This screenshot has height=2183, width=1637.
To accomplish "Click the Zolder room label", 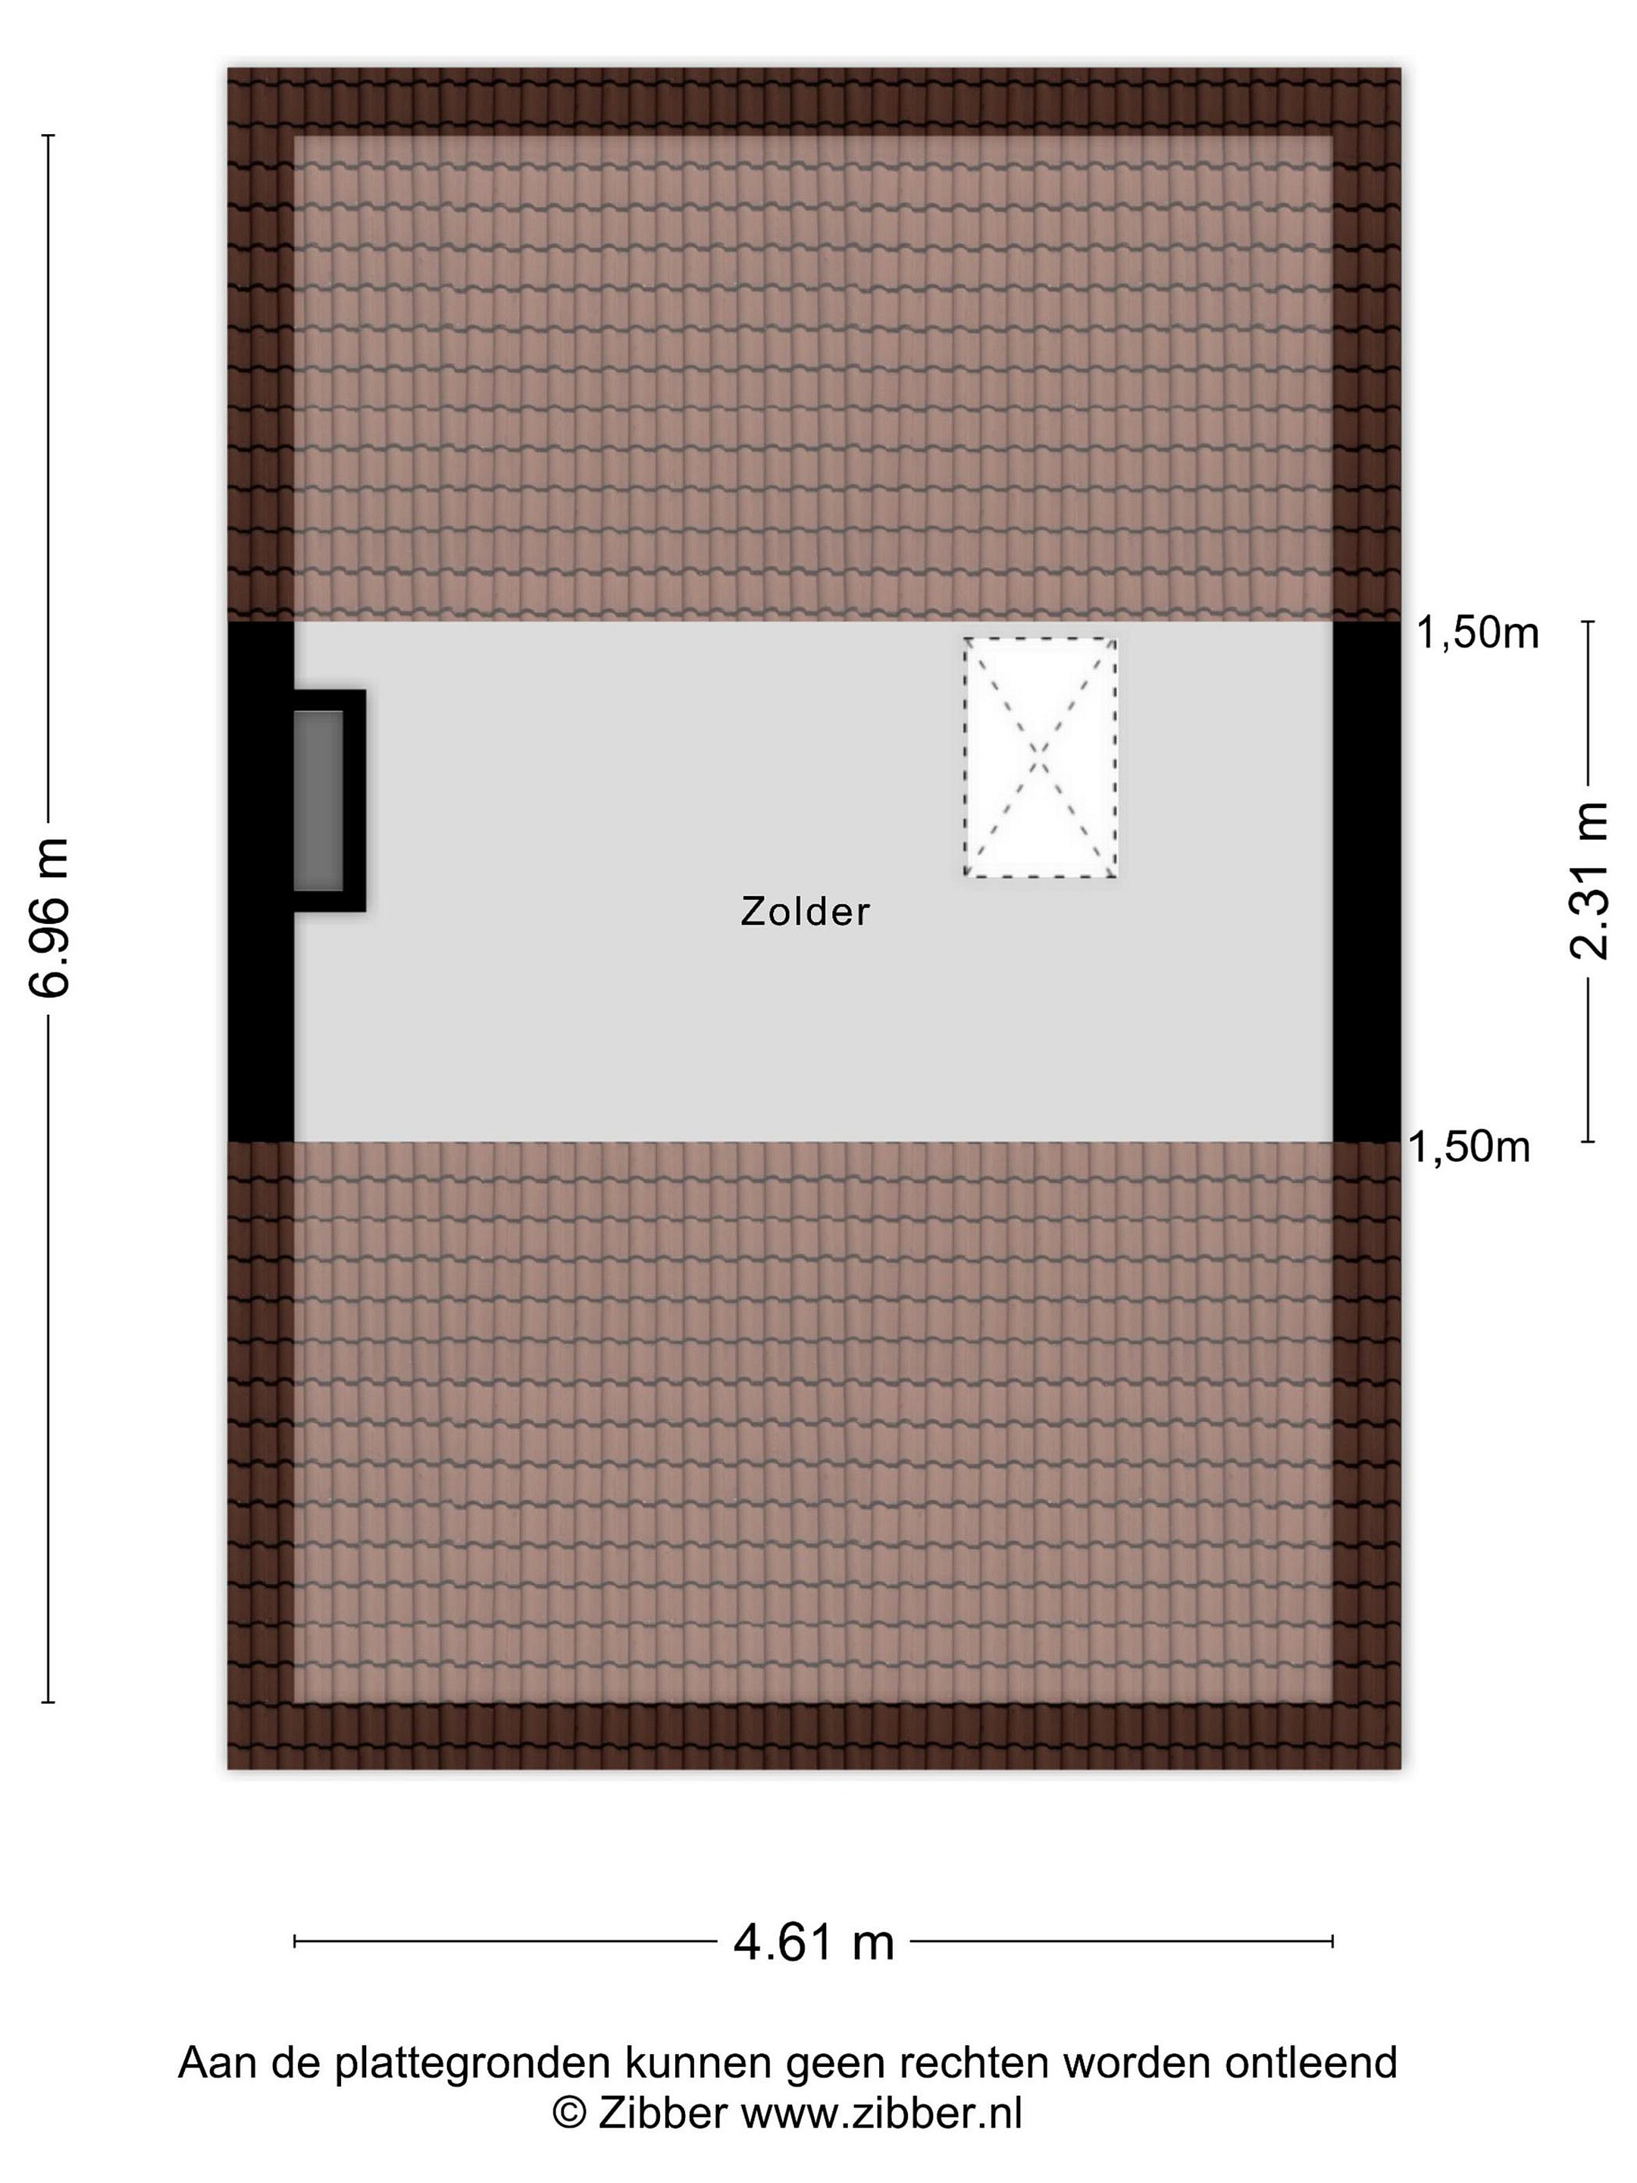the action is point(805,912).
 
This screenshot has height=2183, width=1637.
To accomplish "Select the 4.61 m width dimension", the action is point(813,1942).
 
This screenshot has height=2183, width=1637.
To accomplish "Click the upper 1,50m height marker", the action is point(1477,633).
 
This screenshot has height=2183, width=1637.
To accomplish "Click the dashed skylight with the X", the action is point(1040,757).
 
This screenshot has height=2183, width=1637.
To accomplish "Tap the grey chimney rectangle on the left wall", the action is point(318,800).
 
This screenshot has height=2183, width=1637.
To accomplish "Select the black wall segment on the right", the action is point(1366,882).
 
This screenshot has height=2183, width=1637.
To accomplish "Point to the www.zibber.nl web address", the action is point(881,2113).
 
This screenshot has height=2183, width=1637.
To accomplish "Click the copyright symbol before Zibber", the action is point(568,2113).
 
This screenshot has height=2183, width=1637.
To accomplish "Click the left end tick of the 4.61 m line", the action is point(295,1942).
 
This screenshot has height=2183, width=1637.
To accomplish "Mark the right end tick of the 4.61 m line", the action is point(1333,1942).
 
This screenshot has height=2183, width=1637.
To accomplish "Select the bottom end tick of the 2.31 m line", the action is point(1588,1142).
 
